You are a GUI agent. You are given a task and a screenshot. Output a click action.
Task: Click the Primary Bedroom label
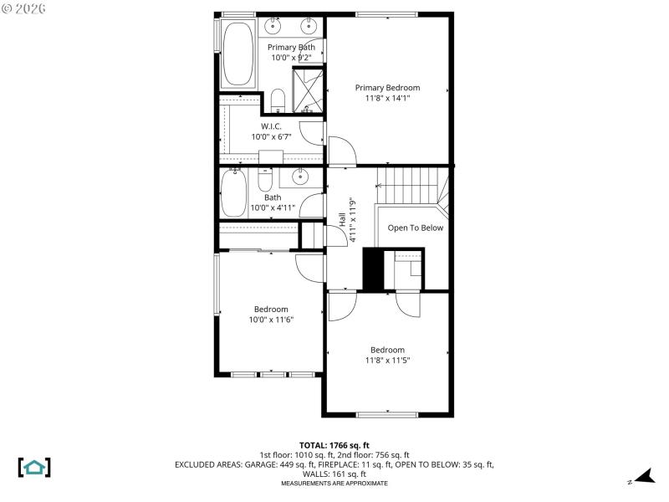387,87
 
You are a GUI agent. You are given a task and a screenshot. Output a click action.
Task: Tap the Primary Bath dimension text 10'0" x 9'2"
292,58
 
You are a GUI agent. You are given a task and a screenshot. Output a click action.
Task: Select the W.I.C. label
271,125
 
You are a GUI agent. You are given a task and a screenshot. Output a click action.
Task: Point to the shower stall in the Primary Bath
306,89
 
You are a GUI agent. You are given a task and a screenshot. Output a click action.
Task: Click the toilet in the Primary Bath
279,101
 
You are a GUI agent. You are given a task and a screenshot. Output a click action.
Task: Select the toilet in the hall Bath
265,179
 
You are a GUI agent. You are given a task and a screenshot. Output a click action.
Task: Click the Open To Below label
415,228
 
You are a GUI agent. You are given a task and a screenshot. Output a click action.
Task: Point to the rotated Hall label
343,219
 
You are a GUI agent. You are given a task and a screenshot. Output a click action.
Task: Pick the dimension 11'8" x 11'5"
387,361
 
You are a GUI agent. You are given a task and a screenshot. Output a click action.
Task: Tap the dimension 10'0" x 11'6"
271,320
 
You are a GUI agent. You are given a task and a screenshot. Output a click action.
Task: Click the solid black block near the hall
372,269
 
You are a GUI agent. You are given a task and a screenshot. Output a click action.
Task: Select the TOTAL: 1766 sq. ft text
334,445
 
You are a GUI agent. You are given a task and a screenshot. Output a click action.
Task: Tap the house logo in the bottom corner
34,467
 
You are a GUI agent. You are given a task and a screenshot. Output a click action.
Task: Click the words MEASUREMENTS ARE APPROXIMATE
334,484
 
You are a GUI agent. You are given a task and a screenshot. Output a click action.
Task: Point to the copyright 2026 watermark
24,8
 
